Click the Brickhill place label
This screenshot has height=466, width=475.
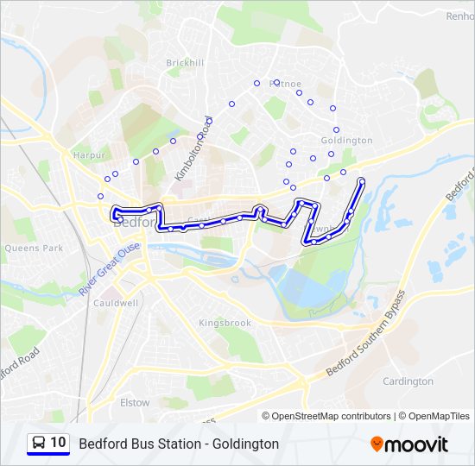(x=186, y=63)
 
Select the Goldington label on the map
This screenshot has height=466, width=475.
(x=346, y=140)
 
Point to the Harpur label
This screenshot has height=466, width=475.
(x=89, y=155)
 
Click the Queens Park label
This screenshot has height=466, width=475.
(x=34, y=248)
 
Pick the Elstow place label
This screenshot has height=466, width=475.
(x=135, y=402)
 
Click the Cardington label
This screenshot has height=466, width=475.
(x=408, y=381)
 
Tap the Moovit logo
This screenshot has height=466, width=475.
(x=409, y=444)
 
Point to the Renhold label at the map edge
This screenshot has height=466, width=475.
(x=459, y=16)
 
